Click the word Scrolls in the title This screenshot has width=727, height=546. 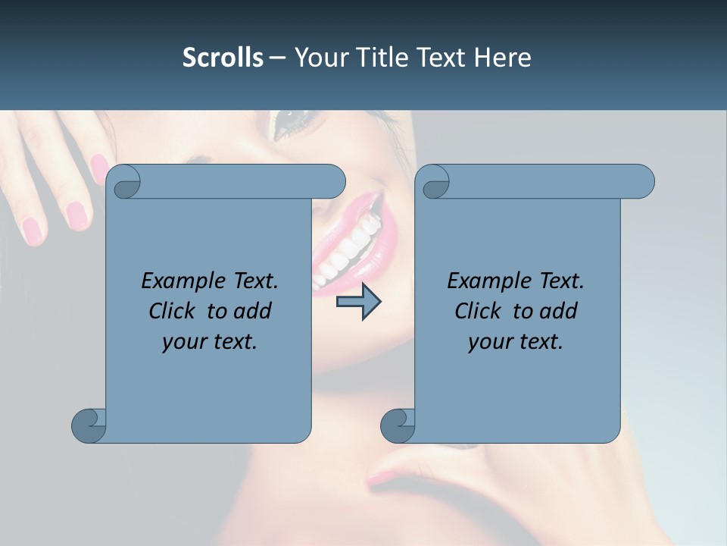[223, 58]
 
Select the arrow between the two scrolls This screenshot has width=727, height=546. [358, 302]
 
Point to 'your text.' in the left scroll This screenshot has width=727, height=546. [209, 342]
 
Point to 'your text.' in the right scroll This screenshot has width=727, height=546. [515, 342]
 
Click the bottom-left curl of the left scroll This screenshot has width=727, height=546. [88, 425]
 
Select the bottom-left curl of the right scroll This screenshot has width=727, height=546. [397, 425]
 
